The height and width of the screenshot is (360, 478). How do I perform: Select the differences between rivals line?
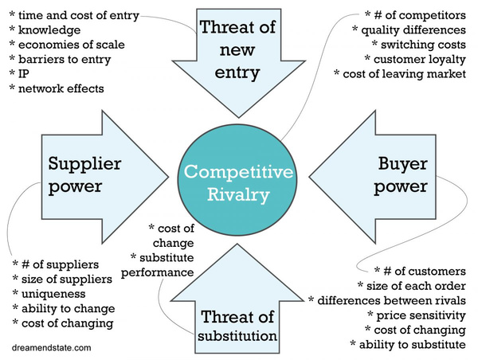pos(387,300)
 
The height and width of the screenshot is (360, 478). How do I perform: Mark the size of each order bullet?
pos(409,286)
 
